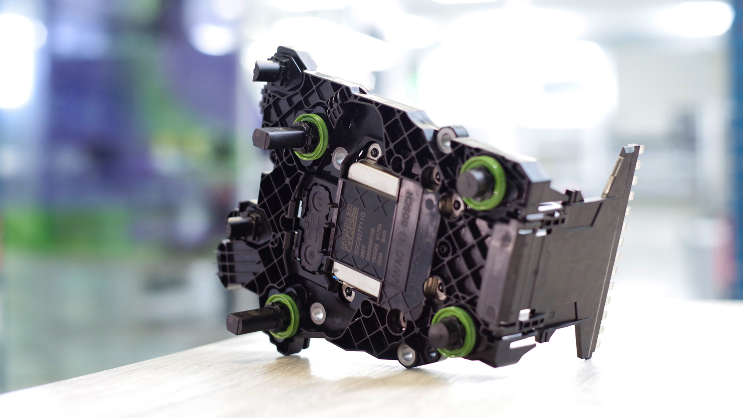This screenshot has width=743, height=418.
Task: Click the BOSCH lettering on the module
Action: (x=408, y=211)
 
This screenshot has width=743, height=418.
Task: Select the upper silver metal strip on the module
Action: (x=373, y=180)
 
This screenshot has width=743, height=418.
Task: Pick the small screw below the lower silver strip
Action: (x=348, y=291)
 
